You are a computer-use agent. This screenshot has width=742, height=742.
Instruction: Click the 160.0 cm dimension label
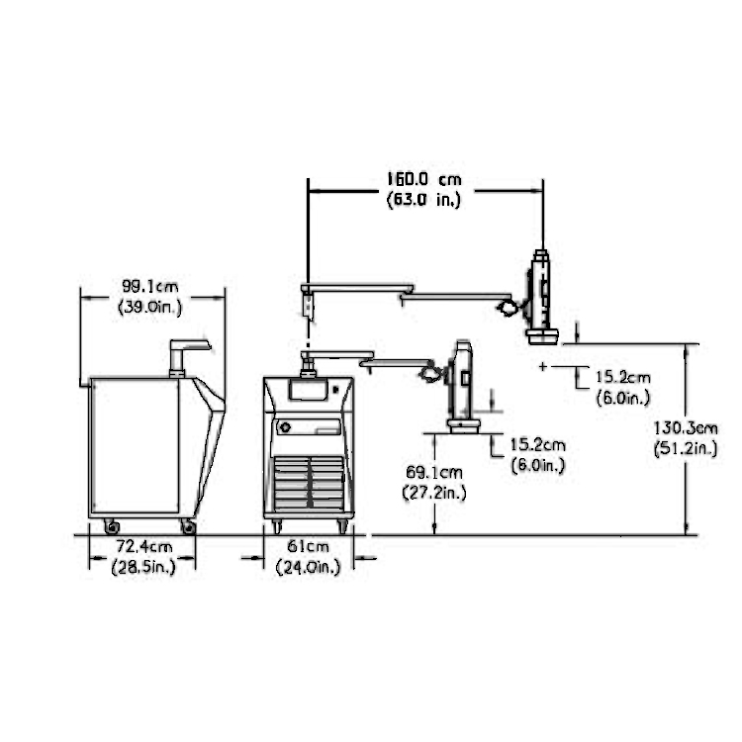tap(424, 179)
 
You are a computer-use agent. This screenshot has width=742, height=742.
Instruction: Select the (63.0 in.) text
tap(424, 200)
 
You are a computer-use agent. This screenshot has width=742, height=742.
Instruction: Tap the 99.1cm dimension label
tap(150, 287)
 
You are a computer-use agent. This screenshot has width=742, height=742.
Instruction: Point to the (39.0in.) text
tap(150, 307)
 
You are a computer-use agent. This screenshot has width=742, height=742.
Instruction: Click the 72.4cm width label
tap(144, 546)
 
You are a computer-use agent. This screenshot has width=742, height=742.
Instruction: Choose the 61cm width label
tap(308, 546)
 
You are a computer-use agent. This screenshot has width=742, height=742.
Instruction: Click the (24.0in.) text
tap(308, 567)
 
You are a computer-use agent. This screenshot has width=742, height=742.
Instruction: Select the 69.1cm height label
tap(434, 472)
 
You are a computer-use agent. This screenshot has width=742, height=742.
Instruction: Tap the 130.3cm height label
tap(686, 428)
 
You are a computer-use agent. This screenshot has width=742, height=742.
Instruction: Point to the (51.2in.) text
tap(686, 448)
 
